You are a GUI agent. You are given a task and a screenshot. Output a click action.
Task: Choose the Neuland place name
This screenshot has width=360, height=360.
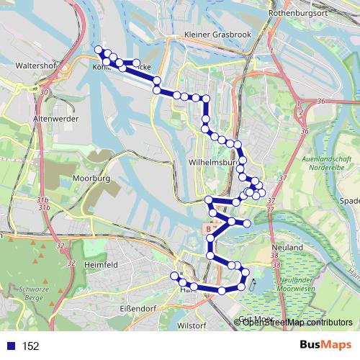(x=286, y=246)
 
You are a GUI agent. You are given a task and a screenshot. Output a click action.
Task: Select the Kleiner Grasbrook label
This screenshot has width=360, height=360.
(x=214, y=35)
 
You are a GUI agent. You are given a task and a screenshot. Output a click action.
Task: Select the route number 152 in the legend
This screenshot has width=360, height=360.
(x=30, y=346)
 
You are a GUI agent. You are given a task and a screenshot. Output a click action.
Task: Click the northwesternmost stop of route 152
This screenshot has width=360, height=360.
(x=99, y=50)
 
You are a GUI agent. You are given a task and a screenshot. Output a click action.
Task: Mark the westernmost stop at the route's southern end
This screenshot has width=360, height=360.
(x=174, y=276)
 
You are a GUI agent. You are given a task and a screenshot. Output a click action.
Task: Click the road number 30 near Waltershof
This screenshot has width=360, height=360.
(x=45, y=93)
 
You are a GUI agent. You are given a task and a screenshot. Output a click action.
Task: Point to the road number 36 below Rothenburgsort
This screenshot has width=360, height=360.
(x=321, y=102)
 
